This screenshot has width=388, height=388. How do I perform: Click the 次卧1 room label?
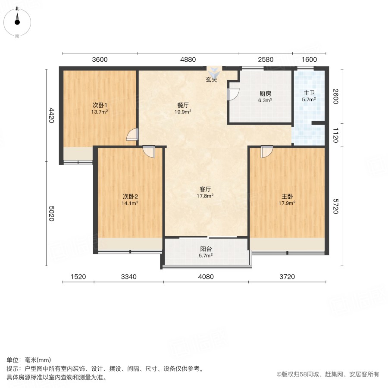click(100, 106)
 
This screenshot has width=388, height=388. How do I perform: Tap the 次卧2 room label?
click(130, 197)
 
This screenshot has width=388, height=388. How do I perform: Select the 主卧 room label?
click(287, 197)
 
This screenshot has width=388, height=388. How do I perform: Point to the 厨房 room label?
click(265, 94)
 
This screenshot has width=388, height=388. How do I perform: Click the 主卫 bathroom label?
click(309, 93)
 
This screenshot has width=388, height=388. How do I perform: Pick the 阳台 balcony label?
click(206, 249)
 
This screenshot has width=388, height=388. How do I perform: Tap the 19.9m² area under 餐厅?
click(183, 112)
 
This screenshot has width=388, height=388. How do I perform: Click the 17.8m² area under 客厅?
click(205, 196)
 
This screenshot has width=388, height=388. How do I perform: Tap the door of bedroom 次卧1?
click(132, 135)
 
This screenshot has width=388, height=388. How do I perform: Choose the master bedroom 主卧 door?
click(267, 151)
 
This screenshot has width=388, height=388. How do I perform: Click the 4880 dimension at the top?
click(188, 59)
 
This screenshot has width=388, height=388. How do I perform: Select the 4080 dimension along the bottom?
click(206, 277)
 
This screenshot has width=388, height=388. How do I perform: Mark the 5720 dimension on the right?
click(335, 207)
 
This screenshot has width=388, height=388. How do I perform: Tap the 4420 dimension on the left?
click(51, 115)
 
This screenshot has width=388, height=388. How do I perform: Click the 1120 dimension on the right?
click(335, 135)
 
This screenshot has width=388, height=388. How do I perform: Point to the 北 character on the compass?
click(17, 9)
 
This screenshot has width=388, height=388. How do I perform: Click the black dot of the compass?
click(17, 22)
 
